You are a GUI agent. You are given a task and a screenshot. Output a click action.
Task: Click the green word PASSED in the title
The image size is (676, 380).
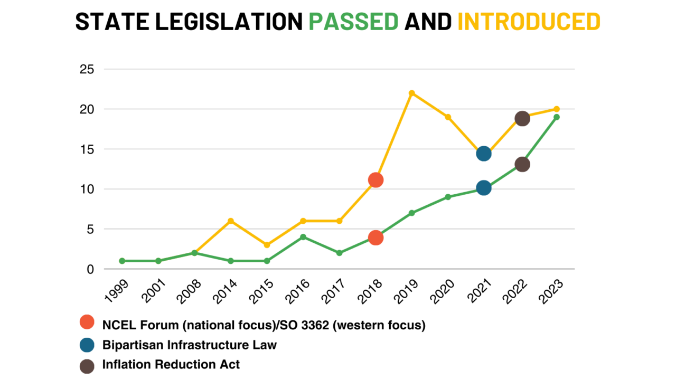coord(353,22)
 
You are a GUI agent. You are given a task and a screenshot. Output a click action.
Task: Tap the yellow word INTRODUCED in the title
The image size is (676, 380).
coord(529,22)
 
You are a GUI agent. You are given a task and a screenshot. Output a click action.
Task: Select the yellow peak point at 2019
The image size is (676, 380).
coord(411,93)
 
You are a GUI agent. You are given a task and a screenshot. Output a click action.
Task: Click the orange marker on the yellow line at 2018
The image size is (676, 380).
coord(375,180)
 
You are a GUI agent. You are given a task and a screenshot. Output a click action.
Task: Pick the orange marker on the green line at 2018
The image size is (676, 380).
coord(375,237)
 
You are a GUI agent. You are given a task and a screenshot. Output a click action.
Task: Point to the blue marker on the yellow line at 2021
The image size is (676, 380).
coord(484,154)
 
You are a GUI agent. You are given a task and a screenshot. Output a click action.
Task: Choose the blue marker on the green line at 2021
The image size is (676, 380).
coord(484,188)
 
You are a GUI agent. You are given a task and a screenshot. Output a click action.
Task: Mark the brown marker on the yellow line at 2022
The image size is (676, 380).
coord(522,118)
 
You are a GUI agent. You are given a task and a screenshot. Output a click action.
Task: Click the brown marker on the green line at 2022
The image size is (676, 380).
coord(522,165)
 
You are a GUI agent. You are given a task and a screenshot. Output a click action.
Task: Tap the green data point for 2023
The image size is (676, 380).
coord(557,117)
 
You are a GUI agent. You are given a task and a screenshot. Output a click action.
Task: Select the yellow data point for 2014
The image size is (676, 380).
coord(231,221)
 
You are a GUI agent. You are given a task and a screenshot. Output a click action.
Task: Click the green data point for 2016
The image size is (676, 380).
coord(303,237)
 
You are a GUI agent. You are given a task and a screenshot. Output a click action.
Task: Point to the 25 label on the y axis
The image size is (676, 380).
coord(87,69)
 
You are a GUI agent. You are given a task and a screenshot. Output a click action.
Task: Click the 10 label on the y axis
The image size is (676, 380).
coord(87,189)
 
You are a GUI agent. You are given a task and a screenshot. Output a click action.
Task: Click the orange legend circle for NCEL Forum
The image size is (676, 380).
coord(87,322)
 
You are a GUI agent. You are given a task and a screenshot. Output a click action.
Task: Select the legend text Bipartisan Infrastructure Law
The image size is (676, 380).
coord(189,345)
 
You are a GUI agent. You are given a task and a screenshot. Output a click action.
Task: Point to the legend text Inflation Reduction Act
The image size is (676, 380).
coord(171,364)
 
